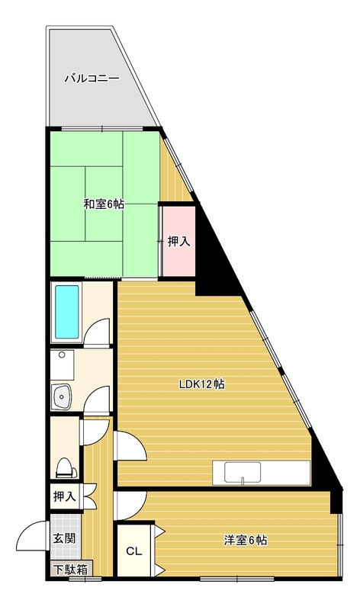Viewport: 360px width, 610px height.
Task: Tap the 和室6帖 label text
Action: point(104,204)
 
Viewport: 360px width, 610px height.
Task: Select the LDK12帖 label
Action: point(201,384)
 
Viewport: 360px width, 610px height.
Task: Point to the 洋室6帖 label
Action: point(245,540)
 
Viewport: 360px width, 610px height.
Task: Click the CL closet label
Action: point(134,551)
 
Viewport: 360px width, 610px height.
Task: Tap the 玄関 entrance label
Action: point(64,538)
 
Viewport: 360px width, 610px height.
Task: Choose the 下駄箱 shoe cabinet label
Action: point(70,570)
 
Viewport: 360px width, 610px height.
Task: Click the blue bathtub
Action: point(67,312)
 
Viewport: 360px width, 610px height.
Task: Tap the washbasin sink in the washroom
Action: point(61,396)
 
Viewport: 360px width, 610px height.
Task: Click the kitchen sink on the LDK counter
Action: point(242,472)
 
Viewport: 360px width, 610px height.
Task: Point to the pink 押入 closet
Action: point(178,241)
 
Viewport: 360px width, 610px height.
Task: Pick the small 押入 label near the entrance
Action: point(64,496)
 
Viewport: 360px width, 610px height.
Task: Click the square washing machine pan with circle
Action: point(62,366)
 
